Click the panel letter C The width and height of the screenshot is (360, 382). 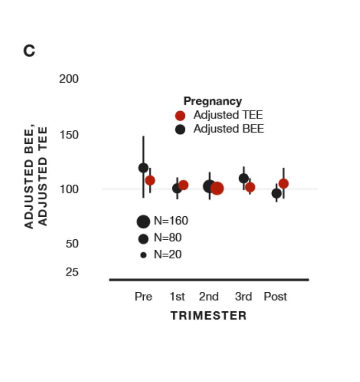click(29, 51)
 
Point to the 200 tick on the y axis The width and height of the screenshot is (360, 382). click(69, 79)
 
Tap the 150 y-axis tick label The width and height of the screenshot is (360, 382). click(69, 135)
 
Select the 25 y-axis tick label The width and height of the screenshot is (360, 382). click(72, 272)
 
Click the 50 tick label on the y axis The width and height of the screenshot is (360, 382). click(72, 244)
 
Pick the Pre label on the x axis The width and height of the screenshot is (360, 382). click(143, 297)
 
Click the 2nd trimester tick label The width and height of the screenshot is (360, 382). click(209, 297)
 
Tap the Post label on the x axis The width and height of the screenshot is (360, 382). click(275, 297)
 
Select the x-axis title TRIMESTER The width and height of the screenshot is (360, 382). click(209, 316)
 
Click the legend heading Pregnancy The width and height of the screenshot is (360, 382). click(212, 101)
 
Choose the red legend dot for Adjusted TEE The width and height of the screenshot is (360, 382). click(180, 116)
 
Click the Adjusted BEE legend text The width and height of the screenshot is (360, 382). click(228, 129)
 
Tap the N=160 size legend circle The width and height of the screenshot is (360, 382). click(143, 222)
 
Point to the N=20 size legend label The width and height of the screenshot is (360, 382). click(168, 255)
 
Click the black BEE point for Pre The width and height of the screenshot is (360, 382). click(143, 168)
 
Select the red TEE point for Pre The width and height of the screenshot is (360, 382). click(150, 180)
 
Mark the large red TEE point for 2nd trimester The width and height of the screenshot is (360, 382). click(217, 188)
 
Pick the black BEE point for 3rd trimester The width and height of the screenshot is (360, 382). click(244, 179)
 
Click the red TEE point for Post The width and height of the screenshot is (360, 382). click(284, 184)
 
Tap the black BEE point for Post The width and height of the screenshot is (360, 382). click(276, 193)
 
